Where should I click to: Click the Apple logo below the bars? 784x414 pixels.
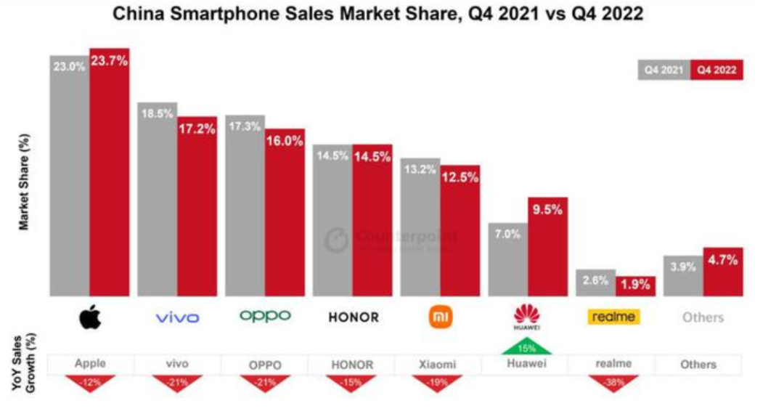tap(90, 317)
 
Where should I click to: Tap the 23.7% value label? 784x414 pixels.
tap(110, 61)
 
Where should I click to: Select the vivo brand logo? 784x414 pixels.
tap(177, 317)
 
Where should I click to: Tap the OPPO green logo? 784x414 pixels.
tap(265, 316)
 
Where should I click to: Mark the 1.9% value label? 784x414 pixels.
tap(635, 284)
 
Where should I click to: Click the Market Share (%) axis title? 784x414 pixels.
tap(24, 182)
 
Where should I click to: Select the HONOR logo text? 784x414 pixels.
tap(353, 317)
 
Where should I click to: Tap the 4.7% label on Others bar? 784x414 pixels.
tap(723, 260)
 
